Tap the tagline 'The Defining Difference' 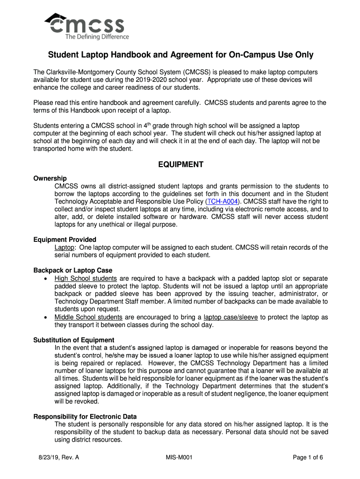coord(97,37)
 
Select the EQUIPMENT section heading coord(180,165)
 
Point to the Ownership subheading coord(50,178)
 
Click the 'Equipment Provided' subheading coord(65,239)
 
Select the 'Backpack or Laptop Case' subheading coord(73,270)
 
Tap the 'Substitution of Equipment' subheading coord(74,340)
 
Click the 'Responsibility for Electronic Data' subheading coord(85,416)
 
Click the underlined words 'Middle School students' coord(88,317)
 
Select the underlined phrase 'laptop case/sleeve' coord(230,317)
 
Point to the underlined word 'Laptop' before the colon coord(65,247)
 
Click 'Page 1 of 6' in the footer coord(308,458)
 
